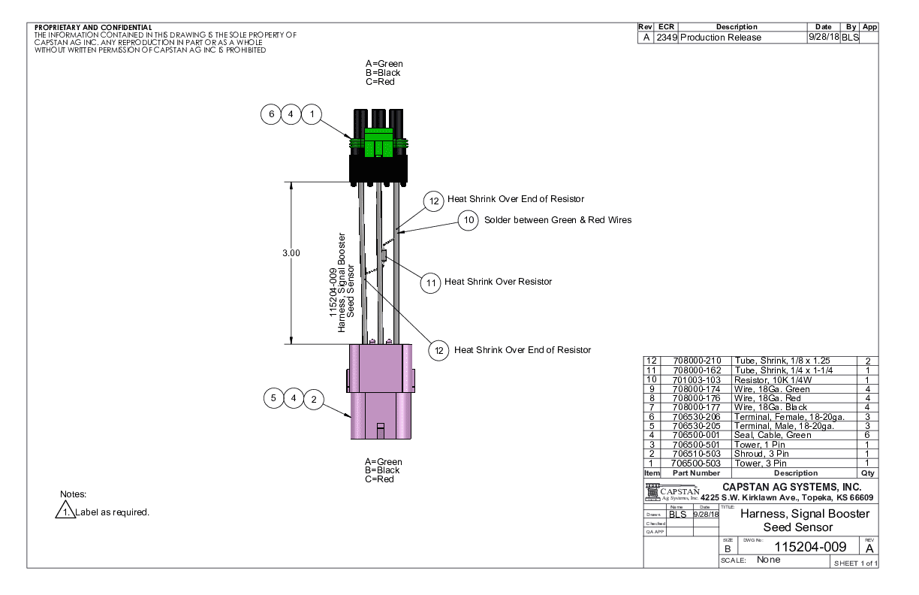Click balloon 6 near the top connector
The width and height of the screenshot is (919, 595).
point(271,114)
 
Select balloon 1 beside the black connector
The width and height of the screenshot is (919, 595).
point(312,114)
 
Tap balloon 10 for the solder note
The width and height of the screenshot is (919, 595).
point(469,220)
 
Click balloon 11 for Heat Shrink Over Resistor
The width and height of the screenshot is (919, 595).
point(430,282)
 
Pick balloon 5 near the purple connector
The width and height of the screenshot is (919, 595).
point(274,398)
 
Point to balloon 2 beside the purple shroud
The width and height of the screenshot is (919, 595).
point(314,398)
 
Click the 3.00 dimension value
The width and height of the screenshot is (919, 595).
point(291,253)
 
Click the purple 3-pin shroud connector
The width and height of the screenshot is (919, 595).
point(379,391)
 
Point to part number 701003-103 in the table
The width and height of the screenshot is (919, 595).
point(695,379)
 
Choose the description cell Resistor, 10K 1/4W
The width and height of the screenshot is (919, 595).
point(776,379)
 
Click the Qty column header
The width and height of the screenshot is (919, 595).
point(867,473)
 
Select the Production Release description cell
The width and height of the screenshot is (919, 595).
point(721,38)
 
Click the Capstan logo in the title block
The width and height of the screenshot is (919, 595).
point(673,492)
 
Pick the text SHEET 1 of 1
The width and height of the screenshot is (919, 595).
point(855,563)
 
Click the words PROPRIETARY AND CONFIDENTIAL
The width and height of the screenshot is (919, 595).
point(93,28)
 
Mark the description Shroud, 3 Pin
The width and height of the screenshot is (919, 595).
point(761,454)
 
